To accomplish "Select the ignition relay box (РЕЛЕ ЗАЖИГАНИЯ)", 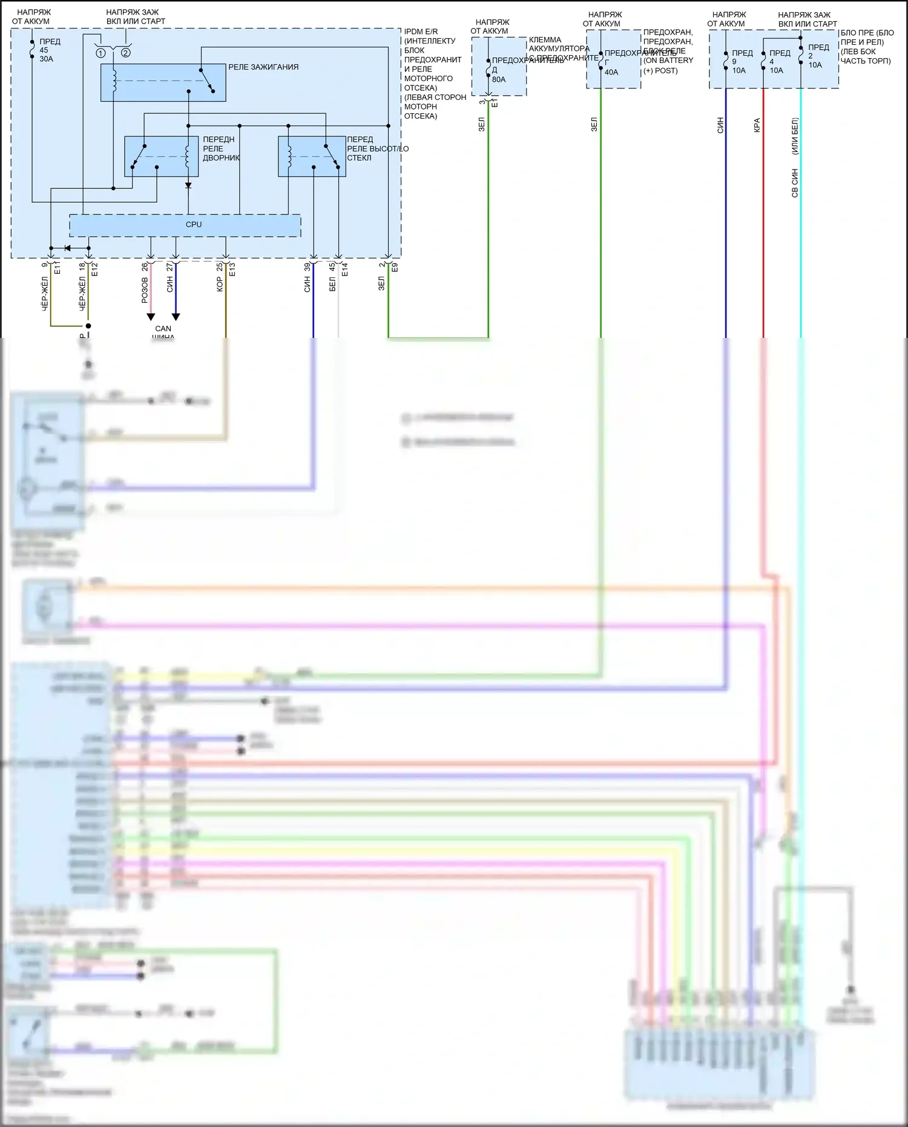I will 163,82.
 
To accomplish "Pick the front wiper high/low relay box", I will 312,156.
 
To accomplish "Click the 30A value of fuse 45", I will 47,59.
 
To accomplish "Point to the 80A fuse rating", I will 499,79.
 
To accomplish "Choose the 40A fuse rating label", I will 611,72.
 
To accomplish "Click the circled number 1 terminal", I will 100,53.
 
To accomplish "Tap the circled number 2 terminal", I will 125,53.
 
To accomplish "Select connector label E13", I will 232,270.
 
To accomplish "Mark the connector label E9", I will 395,267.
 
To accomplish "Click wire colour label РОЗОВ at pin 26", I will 145,291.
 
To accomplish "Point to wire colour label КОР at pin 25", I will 220,285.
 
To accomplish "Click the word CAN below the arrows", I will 163,329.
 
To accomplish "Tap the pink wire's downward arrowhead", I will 151,317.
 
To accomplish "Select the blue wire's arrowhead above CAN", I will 176,317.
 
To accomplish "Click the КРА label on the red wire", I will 757,125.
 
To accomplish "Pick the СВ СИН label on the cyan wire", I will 795,183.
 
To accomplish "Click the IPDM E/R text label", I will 421,31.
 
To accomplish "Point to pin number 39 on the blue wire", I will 308,266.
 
